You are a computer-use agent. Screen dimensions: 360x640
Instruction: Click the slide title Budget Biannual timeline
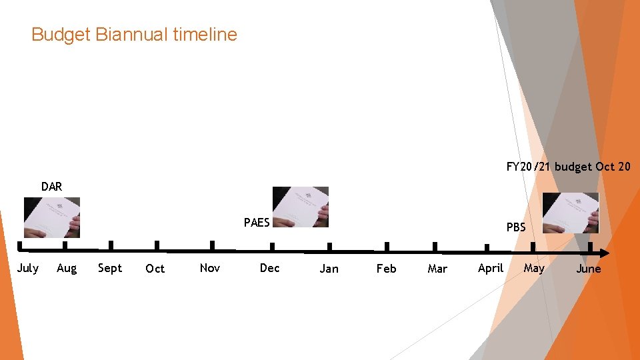click(134, 34)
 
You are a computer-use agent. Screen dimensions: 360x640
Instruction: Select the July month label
click(27, 268)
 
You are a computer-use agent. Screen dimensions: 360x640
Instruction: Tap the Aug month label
click(67, 268)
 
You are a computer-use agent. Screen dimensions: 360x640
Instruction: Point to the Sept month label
click(110, 268)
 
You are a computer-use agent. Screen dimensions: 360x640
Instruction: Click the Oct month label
click(155, 269)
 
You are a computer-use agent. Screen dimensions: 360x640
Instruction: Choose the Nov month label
click(209, 268)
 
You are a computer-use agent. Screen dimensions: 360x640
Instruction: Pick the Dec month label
click(269, 268)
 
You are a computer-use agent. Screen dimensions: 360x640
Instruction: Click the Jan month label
click(329, 269)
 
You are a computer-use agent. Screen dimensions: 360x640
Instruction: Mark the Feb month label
click(386, 269)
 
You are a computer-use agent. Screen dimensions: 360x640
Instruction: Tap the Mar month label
click(437, 269)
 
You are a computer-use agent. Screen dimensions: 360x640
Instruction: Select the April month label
click(491, 268)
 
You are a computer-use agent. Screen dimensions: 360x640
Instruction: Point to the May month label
click(534, 268)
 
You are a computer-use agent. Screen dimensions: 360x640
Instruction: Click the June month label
click(588, 269)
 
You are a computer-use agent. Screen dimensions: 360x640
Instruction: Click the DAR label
click(51, 187)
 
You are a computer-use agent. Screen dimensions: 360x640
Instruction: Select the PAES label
click(257, 223)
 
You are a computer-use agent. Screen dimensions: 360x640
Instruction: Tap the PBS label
click(516, 227)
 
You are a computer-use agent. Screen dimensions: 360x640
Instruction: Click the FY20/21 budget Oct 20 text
click(568, 167)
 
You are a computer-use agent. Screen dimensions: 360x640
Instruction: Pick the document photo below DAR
click(51, 217)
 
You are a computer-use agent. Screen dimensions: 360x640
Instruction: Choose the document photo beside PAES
click(301, 207)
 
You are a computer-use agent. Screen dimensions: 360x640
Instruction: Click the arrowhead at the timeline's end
click(604, 253)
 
